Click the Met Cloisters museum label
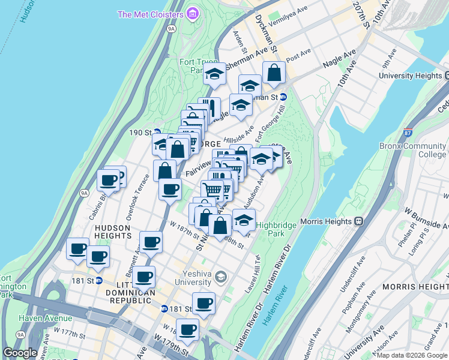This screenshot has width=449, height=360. [x=151, y=14]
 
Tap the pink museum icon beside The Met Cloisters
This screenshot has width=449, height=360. [x=192, y=13]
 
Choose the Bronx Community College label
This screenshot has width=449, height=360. [x=412, y=150]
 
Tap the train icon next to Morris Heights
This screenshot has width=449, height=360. [x=358, y=221]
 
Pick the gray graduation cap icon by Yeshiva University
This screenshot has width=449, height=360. [x=221, y=276]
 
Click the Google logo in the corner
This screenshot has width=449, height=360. [x=20, y=353]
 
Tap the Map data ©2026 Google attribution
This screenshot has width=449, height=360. [x=412, y=355]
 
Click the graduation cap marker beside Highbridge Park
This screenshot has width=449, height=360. [x=244, y=221]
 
